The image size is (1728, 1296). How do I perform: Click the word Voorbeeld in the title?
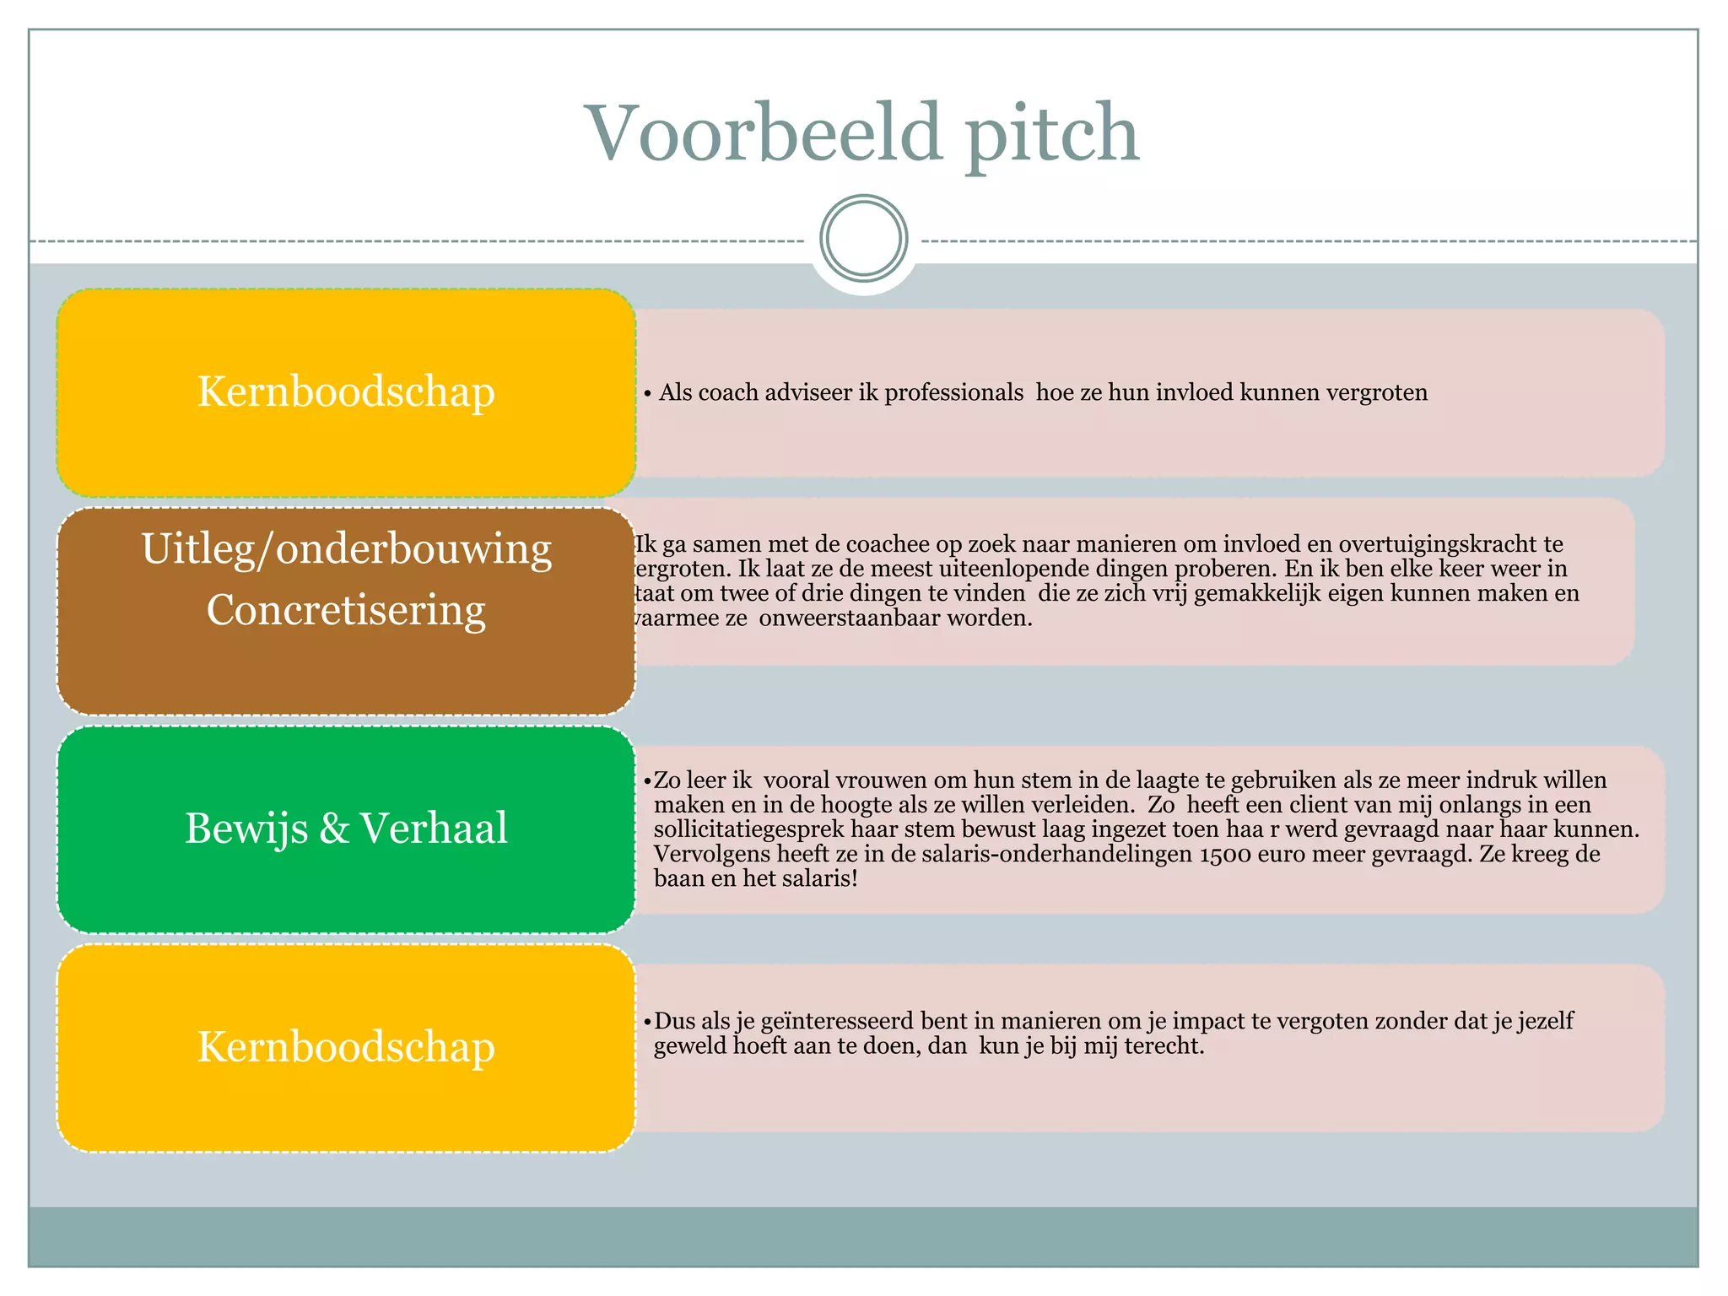[763, 132]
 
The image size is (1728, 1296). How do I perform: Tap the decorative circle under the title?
[863, 239]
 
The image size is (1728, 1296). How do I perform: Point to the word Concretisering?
[346, 609]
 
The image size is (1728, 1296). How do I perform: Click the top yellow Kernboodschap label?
[346, 392]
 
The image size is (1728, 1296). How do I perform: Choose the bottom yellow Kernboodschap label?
[346, 1047]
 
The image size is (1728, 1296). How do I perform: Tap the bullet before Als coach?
[647, 393]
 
